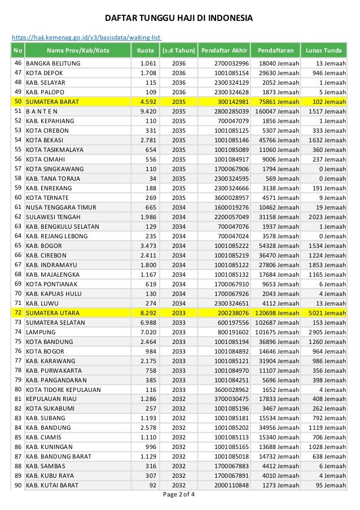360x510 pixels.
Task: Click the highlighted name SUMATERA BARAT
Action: click(x=52, y=102)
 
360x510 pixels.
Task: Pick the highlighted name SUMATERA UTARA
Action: click(x=53, y=312)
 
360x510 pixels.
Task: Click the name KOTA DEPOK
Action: click(x=45, y=73)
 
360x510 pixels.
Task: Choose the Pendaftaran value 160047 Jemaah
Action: click(x=273, y=111)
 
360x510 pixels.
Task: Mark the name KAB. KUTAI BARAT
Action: click(x=54, y=485)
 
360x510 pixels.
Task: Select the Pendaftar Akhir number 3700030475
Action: click(x=232, y=399)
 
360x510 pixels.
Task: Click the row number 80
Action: click(x=18, y=389)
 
